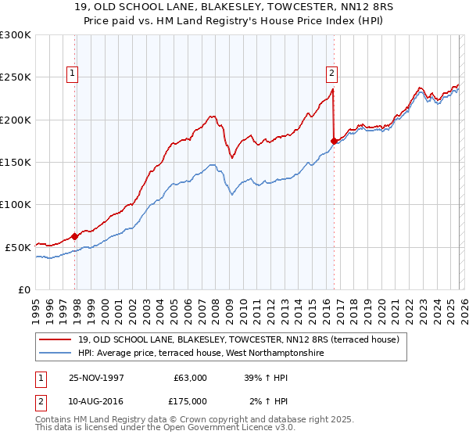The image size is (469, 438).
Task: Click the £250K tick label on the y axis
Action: coord(16,77)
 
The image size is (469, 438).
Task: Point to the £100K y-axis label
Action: coord(16,204)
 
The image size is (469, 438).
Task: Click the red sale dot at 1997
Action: coord(75,235)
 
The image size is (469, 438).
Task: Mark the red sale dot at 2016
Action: coord(334,141)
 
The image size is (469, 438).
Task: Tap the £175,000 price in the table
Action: coord(190,401)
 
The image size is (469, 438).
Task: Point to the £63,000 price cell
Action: coord(190,377)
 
